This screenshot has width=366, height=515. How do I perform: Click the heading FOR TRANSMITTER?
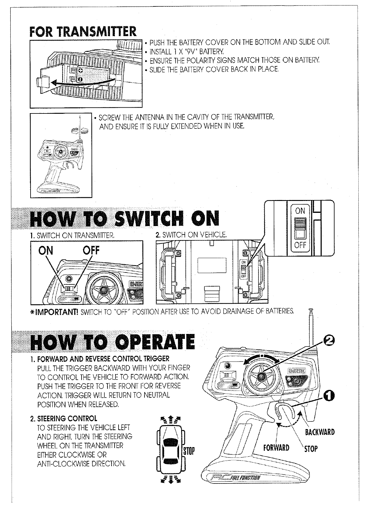pos(83,31)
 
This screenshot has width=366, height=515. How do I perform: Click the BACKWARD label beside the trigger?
pos(320,432)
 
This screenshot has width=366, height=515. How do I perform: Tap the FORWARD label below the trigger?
pos(276,448)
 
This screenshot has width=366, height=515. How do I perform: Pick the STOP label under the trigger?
pos(310,449)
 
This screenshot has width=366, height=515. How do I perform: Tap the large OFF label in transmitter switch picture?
pos(91,251)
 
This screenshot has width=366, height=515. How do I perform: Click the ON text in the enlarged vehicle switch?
pos(300,211)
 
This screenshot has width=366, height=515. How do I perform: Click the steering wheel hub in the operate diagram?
pos(262,376)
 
